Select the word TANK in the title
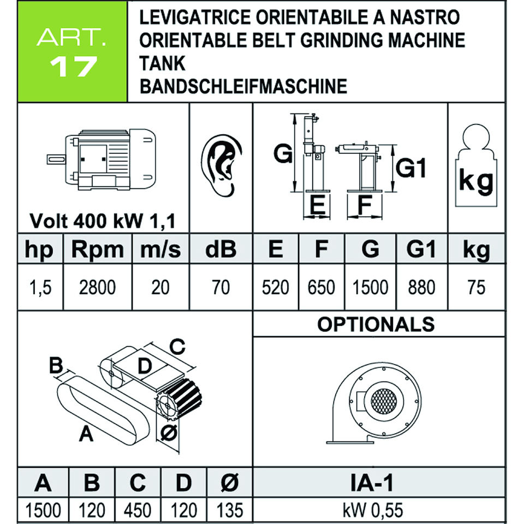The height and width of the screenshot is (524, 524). pyautogui.click(x=163, y=63)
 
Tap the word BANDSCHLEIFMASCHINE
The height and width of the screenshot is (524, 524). pyautogui.click(x=243, y=86)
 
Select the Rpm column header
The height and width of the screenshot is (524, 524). pyautogui.click(x=98, y=249)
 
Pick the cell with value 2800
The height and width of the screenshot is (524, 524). pyautogui.click(x=98, y=287)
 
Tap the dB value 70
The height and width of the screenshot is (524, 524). pyautogui.click(x=221, y=287)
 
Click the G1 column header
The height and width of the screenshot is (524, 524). pyautogui.click(x=421, y=249)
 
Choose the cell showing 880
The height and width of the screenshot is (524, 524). pyautogui.click(x=421, y=287)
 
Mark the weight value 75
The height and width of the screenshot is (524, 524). pyautogui.click(x=476, y=287)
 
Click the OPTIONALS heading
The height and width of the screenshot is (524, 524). pyautogui.click(x=376, y=324)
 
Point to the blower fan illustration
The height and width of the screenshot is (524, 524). pyautogui.click(x=377, y=401)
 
